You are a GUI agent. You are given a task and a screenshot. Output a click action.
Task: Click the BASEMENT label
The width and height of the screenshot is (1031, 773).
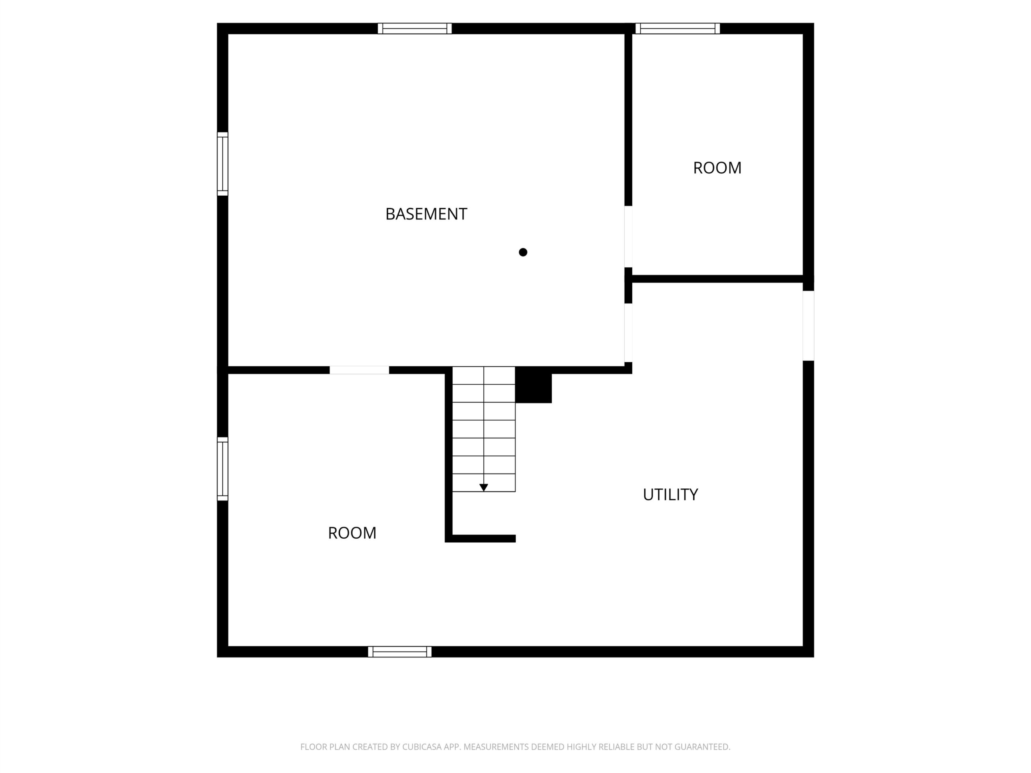pyautogui.click(x=426, y=214)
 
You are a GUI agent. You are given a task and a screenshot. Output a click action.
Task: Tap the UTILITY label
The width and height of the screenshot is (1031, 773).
pyautogui.click(x=670, y=494)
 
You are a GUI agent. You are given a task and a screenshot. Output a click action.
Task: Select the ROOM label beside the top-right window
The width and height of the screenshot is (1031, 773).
pyautogui.click(x=717, y=168)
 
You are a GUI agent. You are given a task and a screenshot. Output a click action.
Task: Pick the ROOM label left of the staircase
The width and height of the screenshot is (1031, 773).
pyautogui.click(x=352, y=533)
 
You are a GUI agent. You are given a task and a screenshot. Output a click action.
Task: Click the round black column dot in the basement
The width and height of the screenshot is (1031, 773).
pyautogui.click(x=523, y=252)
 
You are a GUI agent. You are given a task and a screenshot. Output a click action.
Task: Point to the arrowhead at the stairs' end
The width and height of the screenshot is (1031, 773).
pyautogui.click(x=484, y=488)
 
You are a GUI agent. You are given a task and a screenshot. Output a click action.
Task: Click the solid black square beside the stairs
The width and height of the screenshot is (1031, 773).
pyautogui.click(x=533, y=385)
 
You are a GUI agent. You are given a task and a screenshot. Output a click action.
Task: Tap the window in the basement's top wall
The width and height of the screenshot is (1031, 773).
pyautogui.click(x=414, y=29)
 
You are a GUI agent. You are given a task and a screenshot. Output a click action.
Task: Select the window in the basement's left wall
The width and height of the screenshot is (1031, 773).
pyautogui.click(x=223, y=164)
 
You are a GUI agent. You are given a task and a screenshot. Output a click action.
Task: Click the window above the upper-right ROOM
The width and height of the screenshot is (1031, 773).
pyautogui.click(x=678, y=29)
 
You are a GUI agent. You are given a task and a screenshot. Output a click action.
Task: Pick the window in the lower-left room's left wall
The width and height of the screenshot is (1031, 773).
pyautogui.click(x=223, y=469)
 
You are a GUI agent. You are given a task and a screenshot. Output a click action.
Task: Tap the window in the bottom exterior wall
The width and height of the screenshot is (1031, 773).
pyautogui.click(x=400, y=652)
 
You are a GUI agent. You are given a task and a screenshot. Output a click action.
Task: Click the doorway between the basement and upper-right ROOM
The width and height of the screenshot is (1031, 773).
pyautogui.click(x=628, y=237)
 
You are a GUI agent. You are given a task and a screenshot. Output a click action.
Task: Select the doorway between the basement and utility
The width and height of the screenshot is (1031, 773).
pyautogui.click(x=628, y=333)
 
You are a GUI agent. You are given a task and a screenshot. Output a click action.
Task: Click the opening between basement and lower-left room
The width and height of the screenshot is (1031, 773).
pyautogui.click(x=359, y=370)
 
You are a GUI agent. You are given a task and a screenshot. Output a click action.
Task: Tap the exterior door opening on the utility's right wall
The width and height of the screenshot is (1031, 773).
pyautogui.click(x=808, y=326)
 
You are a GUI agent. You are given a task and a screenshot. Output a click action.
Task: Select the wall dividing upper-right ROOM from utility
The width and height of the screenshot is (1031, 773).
pyautogui.click(x=717, y=279)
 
